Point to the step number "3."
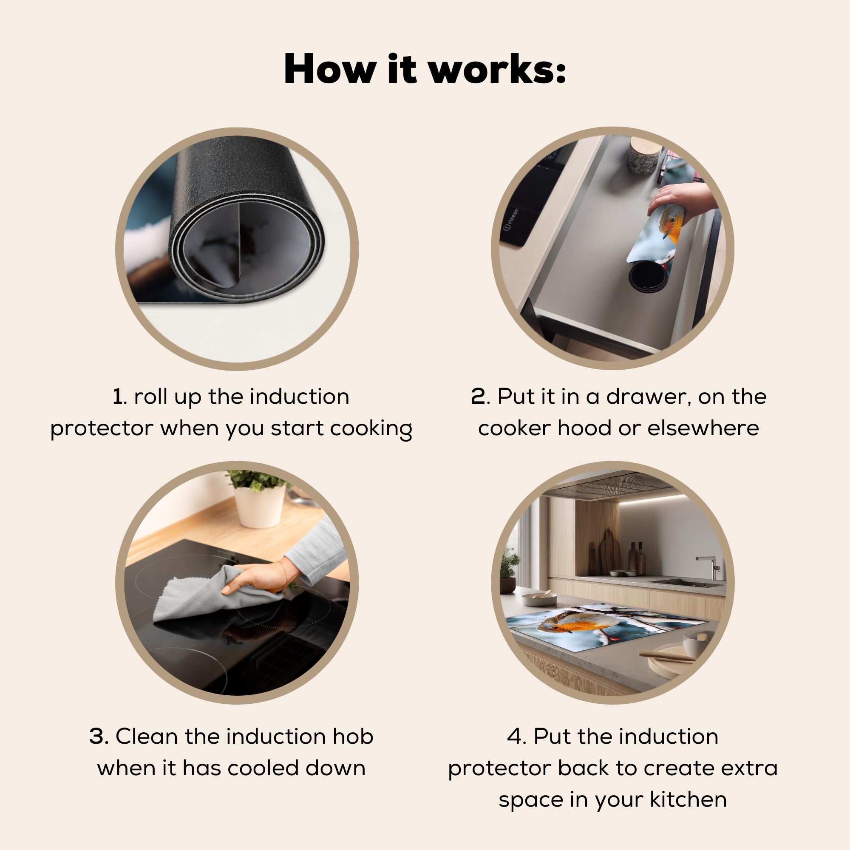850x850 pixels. coord(99,736)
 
